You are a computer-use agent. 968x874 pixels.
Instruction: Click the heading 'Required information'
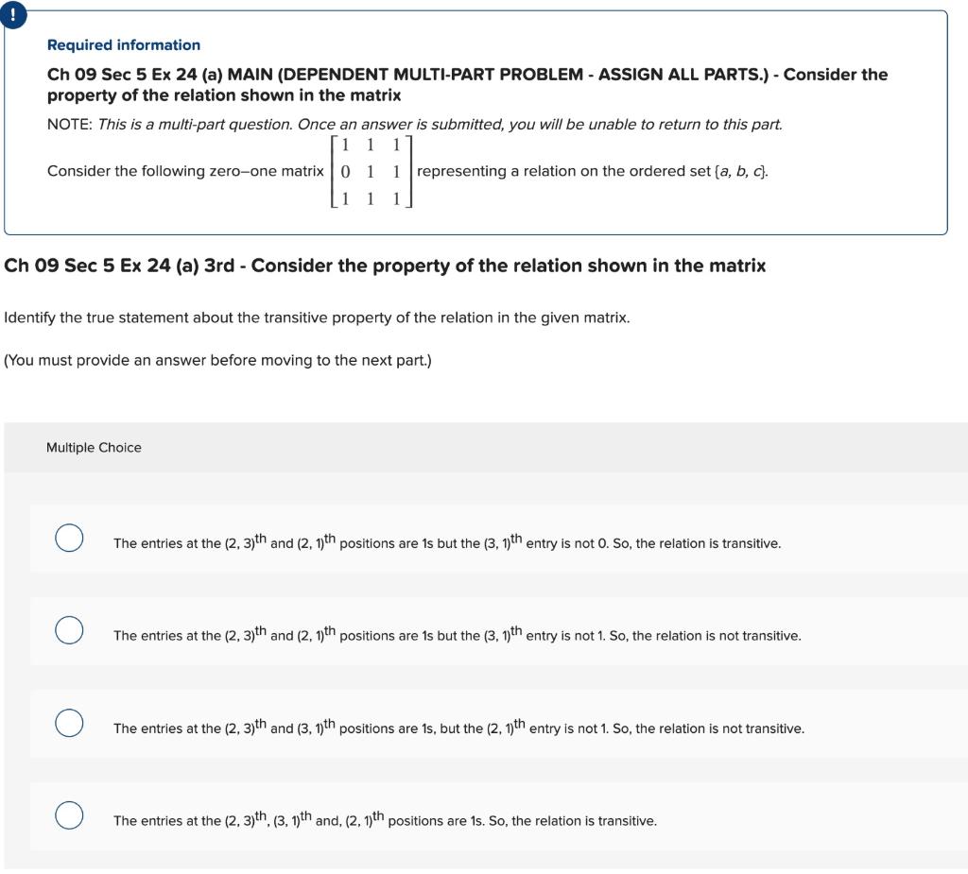click(124, 45)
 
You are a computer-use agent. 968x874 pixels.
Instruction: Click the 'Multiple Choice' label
click(94, 448)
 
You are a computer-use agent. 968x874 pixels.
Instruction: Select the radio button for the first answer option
click(68, 538)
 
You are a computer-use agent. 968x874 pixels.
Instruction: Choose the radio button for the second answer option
click(68, 630)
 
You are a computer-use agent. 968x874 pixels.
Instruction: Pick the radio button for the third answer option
click(68, 723)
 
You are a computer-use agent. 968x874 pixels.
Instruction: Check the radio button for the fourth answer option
click(68, 814)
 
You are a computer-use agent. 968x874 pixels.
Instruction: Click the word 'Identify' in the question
click(29, 317)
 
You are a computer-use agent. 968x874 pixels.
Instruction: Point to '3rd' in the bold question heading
click(219, 266)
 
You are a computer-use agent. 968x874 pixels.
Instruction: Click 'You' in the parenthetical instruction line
click(22, 361)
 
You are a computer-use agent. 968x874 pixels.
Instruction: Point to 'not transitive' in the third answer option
click(762, 729)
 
